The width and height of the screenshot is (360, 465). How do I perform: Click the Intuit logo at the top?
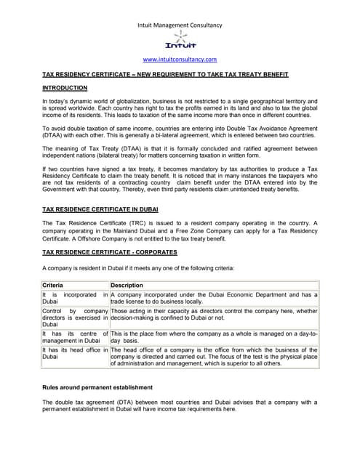[x=180, y=41]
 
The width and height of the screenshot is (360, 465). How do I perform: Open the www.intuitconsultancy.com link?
[x=180, y=60]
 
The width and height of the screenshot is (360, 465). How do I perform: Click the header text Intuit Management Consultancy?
[x=180, y=25]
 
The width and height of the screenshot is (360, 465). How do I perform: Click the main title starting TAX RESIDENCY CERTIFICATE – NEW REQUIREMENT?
[x=165, y=74]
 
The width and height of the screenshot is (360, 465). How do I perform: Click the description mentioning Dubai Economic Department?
[x=214, y=298]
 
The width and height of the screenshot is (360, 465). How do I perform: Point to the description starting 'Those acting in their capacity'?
[x=214, y=314]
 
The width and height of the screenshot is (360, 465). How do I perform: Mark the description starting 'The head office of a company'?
[x=214, y=357]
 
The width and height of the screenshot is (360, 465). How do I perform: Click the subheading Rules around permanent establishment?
[x=97, y=387]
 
